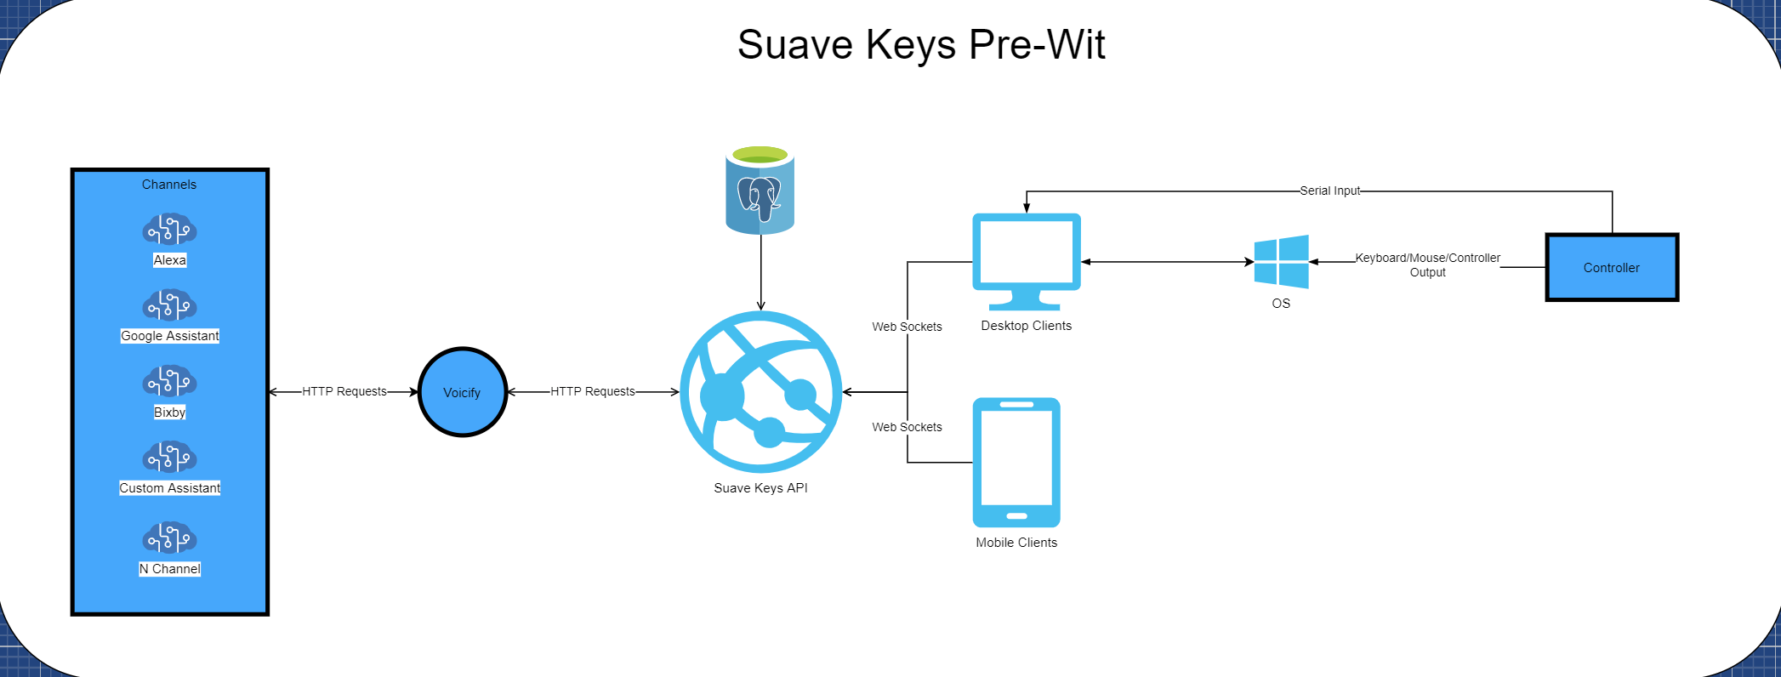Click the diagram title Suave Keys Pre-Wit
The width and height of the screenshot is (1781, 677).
921,44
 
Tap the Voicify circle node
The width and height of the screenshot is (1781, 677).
463,392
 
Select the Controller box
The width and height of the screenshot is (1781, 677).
1612,267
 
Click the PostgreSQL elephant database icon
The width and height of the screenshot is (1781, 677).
760,191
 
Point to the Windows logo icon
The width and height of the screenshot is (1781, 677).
1282,262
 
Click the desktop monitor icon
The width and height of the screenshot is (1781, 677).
1027,260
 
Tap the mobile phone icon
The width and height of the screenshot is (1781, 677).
1016,462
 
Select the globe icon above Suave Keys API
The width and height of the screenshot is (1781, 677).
761,392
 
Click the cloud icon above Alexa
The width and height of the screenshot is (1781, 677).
169,230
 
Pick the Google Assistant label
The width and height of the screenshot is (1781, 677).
170,336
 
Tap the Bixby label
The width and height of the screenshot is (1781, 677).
169,412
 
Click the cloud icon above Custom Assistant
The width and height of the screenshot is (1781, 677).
169,458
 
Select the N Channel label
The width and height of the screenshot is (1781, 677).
170,569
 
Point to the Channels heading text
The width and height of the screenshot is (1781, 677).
169,185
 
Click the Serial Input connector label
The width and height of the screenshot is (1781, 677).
1330,191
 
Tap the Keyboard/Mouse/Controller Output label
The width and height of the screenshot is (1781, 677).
1428,265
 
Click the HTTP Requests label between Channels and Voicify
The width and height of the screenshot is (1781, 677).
344,391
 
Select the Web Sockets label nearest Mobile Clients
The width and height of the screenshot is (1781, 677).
907,427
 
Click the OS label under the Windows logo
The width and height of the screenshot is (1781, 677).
1281,304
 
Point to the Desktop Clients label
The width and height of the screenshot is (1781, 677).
1027,326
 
